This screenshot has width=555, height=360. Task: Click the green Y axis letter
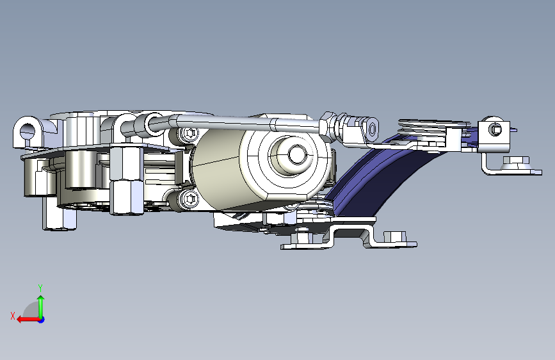40,288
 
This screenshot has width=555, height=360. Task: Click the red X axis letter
13,316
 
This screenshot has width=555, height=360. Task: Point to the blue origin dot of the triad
42,320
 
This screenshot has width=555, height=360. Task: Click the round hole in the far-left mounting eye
28,131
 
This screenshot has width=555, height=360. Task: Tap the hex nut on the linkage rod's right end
327,126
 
